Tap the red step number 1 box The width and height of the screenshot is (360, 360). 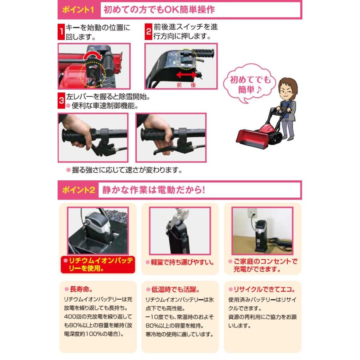tap(61, 32)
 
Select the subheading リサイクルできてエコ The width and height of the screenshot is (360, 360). tap(262, 289)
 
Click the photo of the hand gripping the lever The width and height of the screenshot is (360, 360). tap(93, 137)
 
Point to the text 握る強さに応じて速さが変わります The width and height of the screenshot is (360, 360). tap(124, 170)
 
